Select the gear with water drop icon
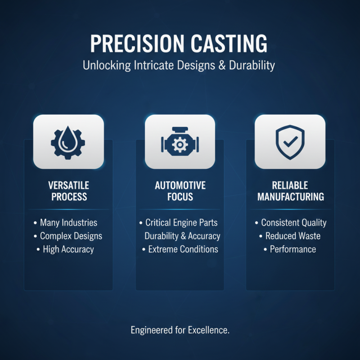point(68,141)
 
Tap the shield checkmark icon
point(290,141)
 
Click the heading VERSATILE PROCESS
point(68,191)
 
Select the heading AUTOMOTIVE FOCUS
point(180,191)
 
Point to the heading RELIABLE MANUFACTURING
point(291,191)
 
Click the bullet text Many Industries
point(68,222)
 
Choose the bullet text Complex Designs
point(71,236)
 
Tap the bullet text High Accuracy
point(68,249)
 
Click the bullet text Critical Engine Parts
point(182,222)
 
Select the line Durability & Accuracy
point(182,236)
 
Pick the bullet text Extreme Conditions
point(183,249)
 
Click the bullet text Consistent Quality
point(294,222)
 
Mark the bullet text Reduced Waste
point(292,236)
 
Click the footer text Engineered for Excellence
point(180,330)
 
